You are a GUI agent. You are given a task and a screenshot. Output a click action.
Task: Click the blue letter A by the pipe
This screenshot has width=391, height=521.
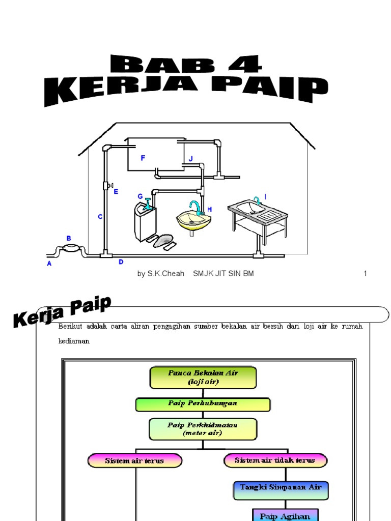[49, 264]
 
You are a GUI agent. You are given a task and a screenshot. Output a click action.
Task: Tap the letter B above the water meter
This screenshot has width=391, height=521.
[69, 238]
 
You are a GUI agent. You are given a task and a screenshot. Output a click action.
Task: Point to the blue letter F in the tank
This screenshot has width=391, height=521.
[143, 158]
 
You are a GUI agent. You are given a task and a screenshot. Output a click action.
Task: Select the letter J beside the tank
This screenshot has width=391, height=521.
[191, 159]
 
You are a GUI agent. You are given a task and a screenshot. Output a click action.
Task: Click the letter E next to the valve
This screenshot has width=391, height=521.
[116, 191]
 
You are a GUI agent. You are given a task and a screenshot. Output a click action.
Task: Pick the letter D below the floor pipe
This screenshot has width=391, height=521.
[121, 262]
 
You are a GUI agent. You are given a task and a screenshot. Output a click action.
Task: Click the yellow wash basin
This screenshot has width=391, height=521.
[194, 220]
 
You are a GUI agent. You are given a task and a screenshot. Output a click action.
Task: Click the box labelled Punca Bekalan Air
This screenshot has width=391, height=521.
[203, 377]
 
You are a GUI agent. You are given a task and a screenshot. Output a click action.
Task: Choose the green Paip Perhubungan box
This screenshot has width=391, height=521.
[203, 404]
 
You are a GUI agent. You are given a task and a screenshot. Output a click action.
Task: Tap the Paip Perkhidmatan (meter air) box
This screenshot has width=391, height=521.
[203, 429]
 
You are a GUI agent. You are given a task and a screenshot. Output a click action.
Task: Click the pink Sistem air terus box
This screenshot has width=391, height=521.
[134, 460]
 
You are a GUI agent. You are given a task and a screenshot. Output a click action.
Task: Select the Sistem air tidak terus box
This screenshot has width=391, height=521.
[275, 460]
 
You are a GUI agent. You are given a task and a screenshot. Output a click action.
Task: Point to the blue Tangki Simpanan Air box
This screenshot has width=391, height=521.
[281, 489]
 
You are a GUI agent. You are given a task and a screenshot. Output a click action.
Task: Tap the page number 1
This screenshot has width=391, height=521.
[365, 274]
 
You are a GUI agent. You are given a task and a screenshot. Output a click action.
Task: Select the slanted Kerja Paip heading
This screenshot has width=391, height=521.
[62, 312]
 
